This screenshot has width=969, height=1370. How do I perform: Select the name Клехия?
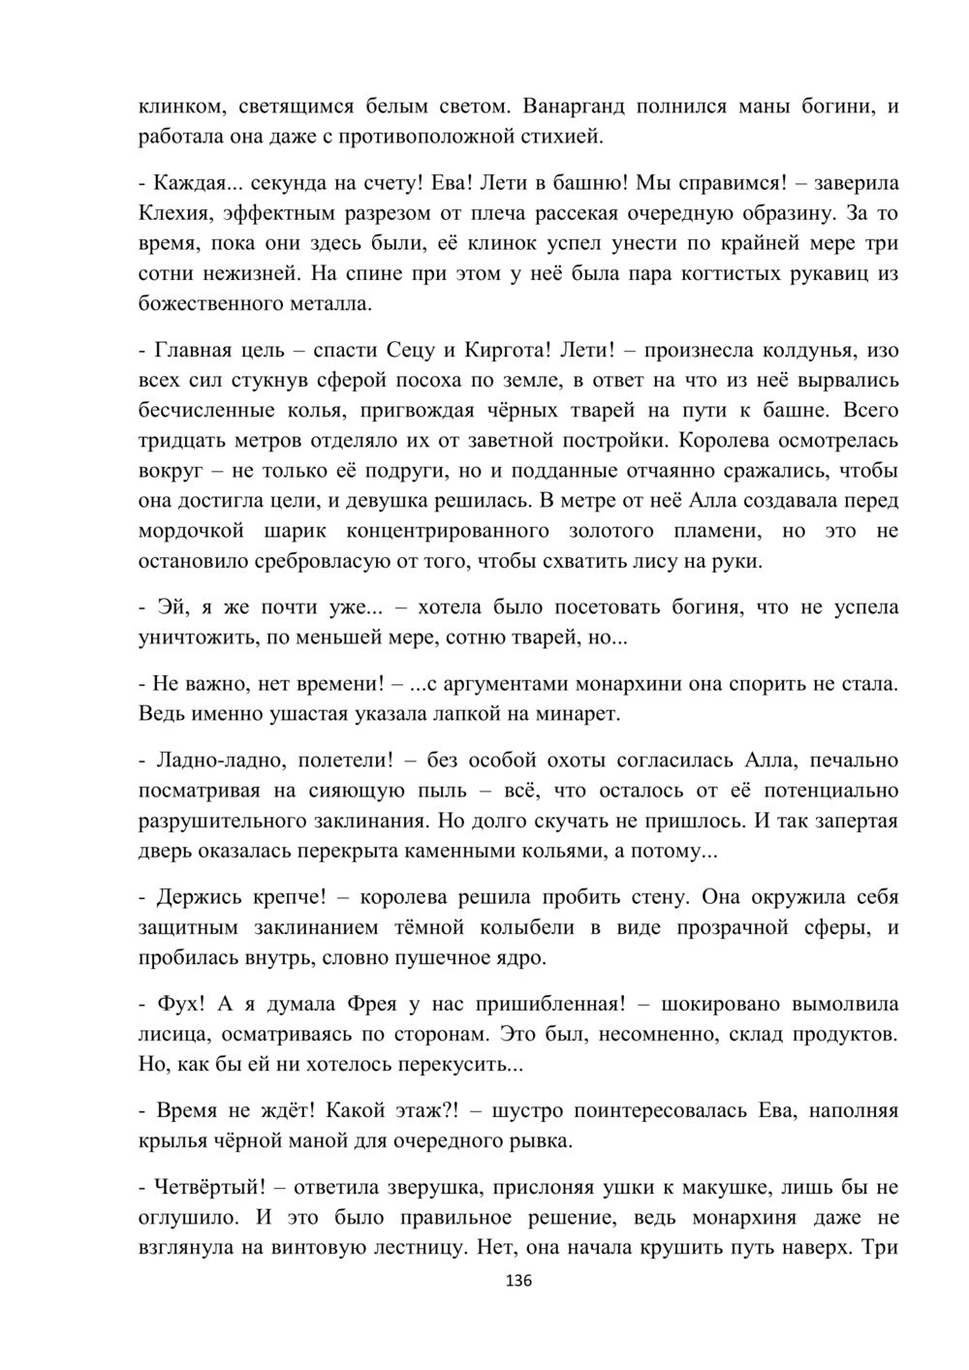coord(176,212)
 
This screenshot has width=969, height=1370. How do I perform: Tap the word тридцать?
coord(181,441)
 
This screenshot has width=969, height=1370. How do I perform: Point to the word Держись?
coord(194,897)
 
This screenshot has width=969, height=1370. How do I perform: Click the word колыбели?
coord(523,928)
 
